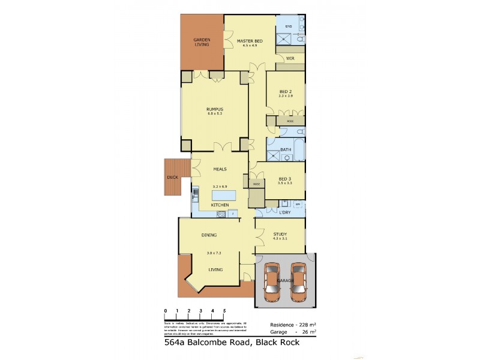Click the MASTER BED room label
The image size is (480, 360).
pyautogui.click(x=250, y=40)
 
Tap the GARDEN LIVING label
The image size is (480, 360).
pyautogui.click(x=202, y=42)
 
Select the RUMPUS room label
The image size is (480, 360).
pyautogui.click(x=215, y=109)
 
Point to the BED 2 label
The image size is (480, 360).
pyautogui.click(x=285, y=91)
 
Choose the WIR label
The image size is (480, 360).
pyautogui.click(x=289, y=59)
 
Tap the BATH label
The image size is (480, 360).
pyautogui.click(x=286, y=150)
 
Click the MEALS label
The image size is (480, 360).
pyautogui.click(x=220, y=169)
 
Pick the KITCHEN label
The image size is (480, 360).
pyautogui.click(x=220, y=205)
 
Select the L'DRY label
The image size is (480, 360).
pyautogui.click(x=286, y=212)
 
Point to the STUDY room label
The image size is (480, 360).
pyautogui.click(x=280, y=235)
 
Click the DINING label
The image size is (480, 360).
pyautogui.click(x=209, y=235)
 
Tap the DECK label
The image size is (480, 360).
pyautogui.click(x=172, y=178)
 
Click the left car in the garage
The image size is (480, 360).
pyautogui.click(x=272, y=281)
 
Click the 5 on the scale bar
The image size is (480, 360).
pyautogui.click(x=224, y=310)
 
